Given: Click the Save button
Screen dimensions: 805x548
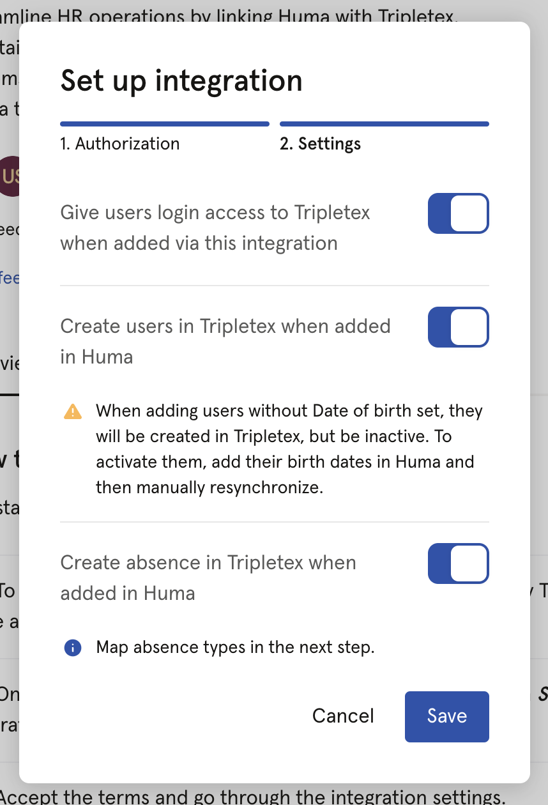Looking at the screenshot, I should click(446, 716).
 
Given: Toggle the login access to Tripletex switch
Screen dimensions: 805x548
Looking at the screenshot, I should click(458, 213).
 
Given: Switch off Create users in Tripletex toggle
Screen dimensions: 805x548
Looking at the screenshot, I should click(458, 327).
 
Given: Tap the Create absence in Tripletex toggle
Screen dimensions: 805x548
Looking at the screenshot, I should click(458, 563).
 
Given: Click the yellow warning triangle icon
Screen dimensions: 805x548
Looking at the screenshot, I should click(73, 411).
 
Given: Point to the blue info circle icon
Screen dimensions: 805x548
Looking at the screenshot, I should click(73, 648).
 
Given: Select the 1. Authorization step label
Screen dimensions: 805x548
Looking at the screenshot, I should click(120, 144).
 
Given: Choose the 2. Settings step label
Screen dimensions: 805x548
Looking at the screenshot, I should click(320, 144).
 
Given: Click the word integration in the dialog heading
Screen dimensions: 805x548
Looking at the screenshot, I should click(229, 81).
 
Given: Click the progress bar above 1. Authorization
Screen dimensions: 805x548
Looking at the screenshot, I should click(165, 124).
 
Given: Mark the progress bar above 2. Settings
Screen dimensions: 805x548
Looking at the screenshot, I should click(384, 124).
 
